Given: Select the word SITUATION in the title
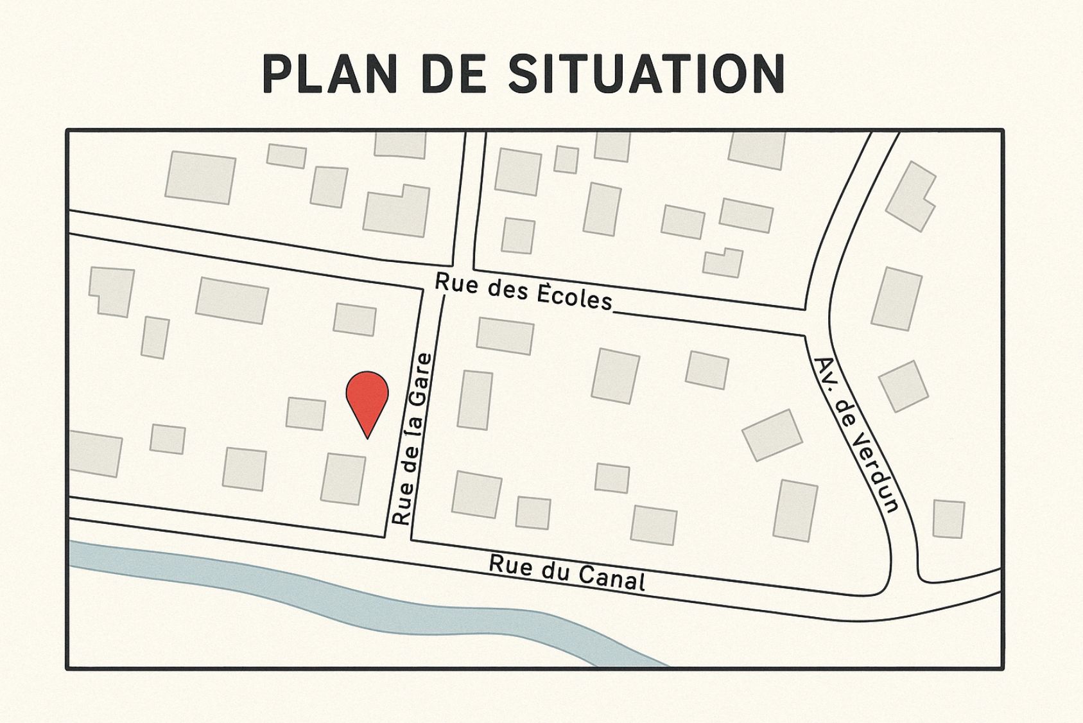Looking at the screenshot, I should (646, 74).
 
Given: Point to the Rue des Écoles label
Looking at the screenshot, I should (523, 292).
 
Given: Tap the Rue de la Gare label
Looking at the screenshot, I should (412, 439).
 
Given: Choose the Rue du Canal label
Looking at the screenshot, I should (567, 571).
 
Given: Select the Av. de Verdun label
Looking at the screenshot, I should (856, 435).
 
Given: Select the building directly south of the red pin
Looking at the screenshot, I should (343, 478).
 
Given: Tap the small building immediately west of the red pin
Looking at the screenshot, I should (306, 414).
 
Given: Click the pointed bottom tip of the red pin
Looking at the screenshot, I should (367, 438).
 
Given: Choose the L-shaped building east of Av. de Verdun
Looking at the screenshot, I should (910, 196).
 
